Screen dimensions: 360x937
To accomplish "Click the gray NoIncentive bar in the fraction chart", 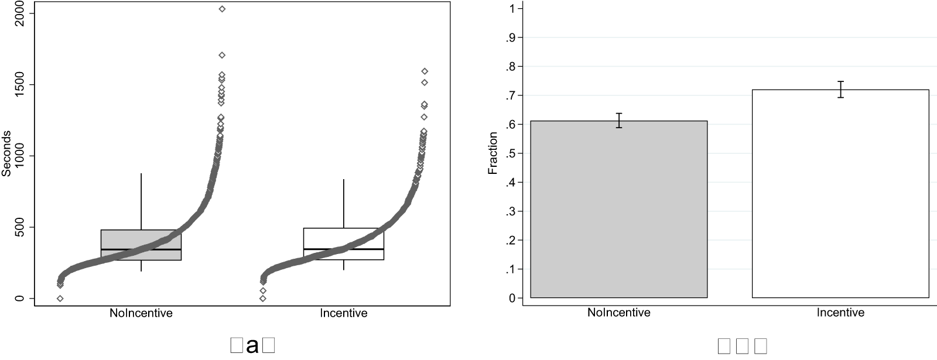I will click(618, 211).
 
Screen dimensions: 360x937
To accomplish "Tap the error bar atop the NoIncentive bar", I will click(619, 121).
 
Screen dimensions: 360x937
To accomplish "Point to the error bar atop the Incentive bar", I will click(840, 90).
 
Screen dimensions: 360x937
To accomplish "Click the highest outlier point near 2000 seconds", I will click(222, 9).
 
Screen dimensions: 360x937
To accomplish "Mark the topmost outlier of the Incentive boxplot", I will click(425, 71).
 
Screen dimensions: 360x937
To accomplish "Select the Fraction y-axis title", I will click(493, 153).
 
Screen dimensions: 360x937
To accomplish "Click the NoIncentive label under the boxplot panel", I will click(141, 313).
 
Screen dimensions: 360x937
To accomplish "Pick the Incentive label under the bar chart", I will click(840, 313).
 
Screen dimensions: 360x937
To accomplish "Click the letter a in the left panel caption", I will click(252, 346).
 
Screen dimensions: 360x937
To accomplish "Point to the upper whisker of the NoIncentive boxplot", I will click(141, 199).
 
